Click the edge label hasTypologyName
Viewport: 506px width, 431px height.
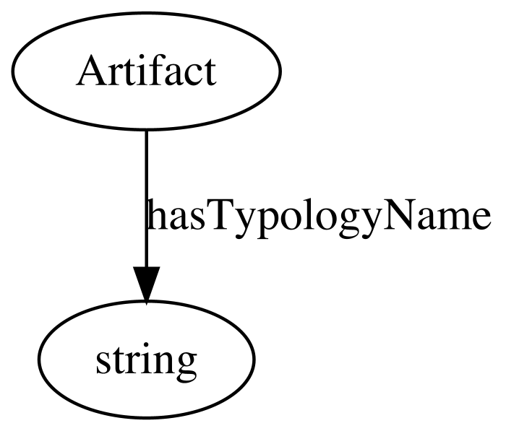(320, 215)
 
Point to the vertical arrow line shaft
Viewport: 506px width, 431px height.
(147, 199)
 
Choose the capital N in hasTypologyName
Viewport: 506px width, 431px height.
(399, 215)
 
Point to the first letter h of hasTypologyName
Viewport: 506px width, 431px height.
(156, 214)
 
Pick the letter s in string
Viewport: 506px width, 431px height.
(103, 363)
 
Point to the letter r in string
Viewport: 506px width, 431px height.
(132, 362)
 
